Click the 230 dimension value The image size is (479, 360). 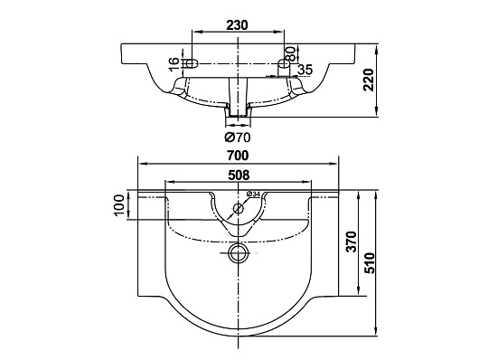click(x=237, y=25)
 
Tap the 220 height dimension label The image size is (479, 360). click(x=369, y=80)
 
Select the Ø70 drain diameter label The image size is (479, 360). click(x=238, y=137)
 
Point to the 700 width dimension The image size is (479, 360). click(x=238, y=156)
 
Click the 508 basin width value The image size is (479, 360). click(x=239, y=175)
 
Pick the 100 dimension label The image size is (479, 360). click(x=119, y=205)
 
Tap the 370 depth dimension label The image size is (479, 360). click(x=351, y=242)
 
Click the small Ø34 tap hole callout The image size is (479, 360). click(x=253, y=194)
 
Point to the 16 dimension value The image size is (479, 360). click(x=174, y=64)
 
